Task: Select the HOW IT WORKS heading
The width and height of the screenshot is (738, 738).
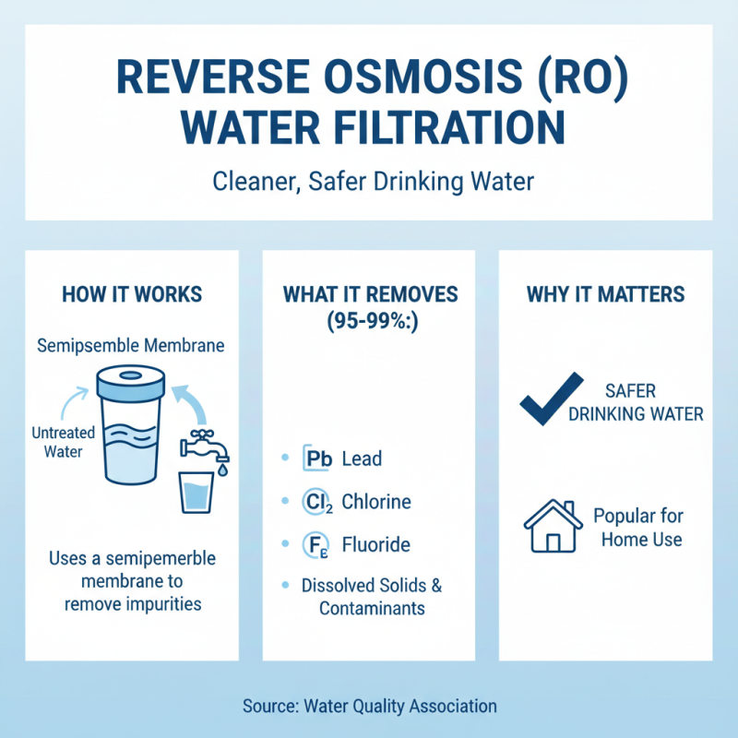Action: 132,294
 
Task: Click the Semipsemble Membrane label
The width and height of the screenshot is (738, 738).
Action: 132,346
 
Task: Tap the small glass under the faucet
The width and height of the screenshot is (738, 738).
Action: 196,491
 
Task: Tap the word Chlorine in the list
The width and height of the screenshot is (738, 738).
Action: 376,503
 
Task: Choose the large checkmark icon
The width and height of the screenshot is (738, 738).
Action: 551,399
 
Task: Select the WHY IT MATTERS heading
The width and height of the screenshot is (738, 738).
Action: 605,294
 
